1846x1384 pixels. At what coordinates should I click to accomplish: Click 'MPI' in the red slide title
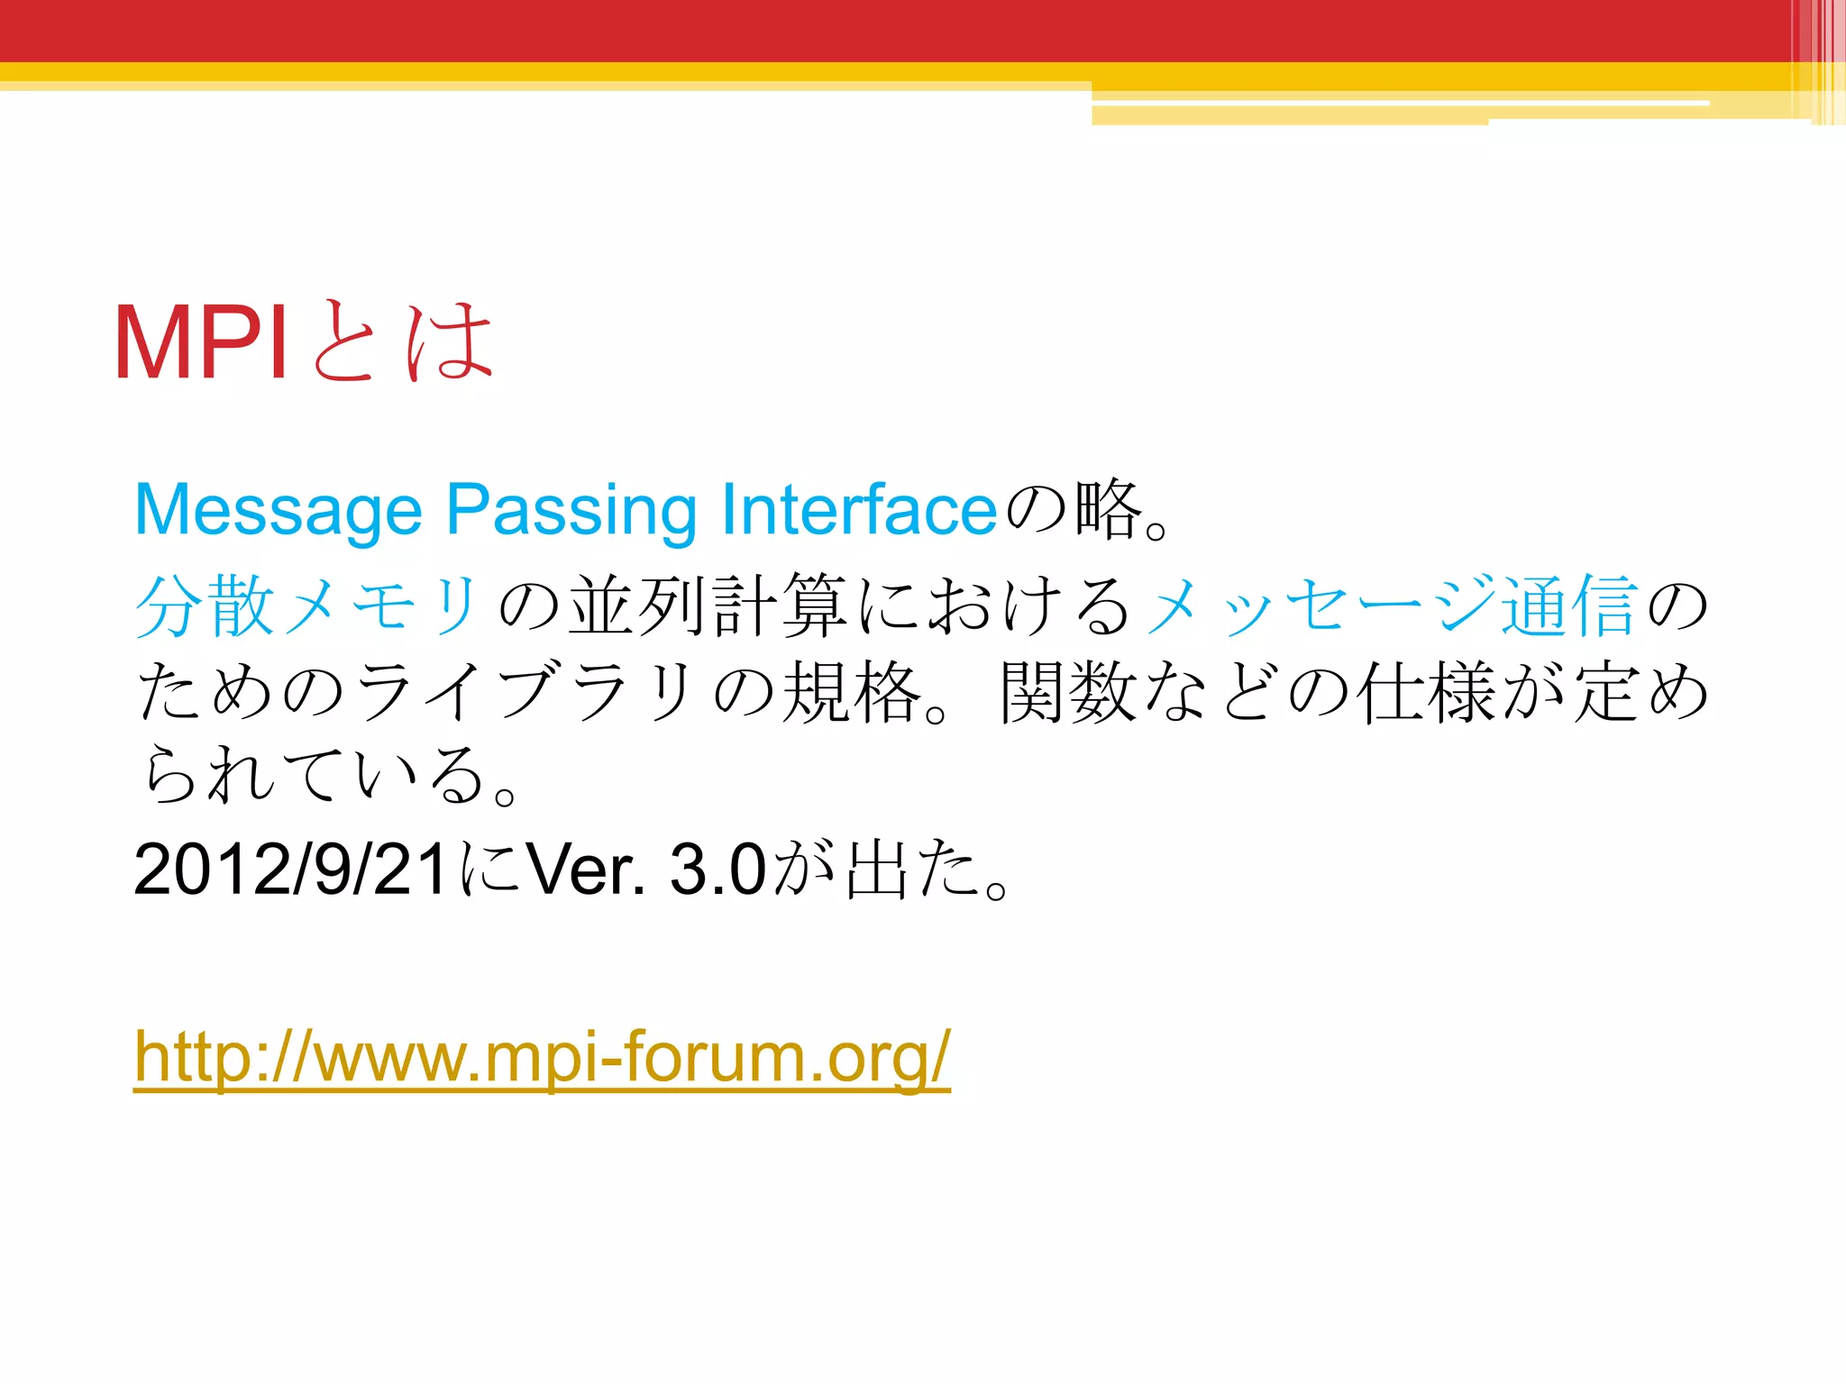pyautogui.click(x=201, y=343)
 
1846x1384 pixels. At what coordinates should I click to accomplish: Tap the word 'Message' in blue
pyautogui.click(x=278, y=511)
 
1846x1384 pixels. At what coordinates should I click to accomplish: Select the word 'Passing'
pyautogui.click(x=571, y=511)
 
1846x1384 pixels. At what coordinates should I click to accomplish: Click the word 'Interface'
pyautogui.click(x=859, y=509)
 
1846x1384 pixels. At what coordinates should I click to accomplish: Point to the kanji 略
pyautogui.click(x=1108, y=509)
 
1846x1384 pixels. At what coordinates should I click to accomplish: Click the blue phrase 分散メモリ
pyautogui.click(x=306, y=605)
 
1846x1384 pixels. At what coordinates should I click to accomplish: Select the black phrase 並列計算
pyautogui.click(x=708, y=605)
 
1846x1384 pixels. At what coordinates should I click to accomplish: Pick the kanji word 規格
pyautogui.click(x=852, y=692)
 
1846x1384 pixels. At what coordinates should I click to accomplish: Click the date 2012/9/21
pyautogui.click(x=291, y=870)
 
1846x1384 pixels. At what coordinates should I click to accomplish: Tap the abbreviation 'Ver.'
pyautogui.click(x=586, y=870)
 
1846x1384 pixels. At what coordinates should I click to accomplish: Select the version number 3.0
pyautogui.click(x=717, y=870)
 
